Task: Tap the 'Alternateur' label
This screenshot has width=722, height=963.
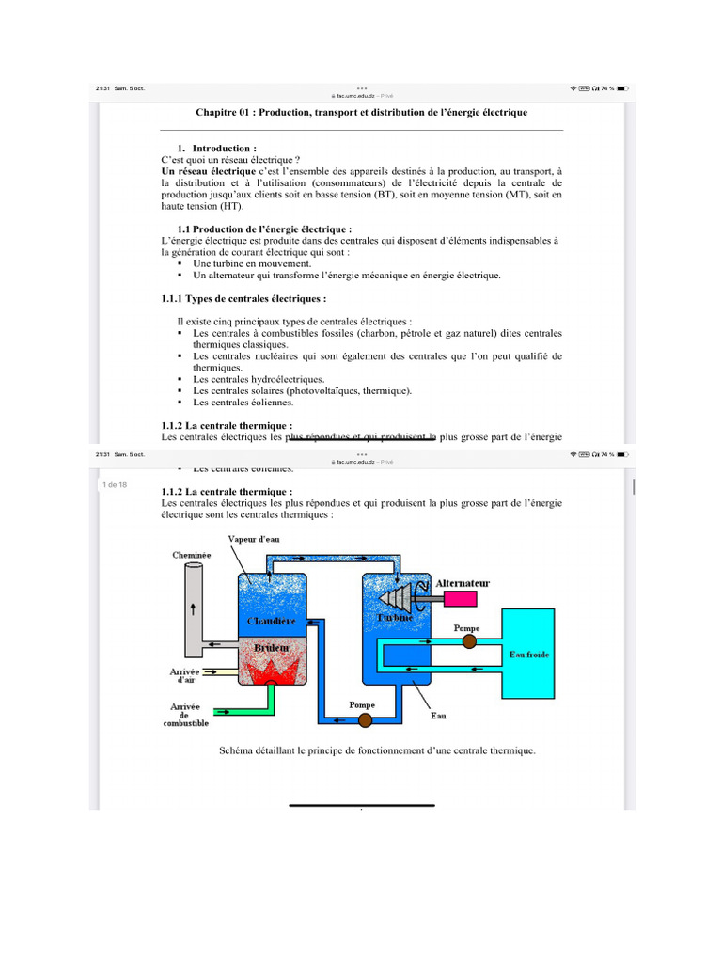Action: tap(463, 583)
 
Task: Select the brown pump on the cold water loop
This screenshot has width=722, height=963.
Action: tap(469, 641)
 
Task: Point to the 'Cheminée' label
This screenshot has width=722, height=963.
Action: tap(192, 556)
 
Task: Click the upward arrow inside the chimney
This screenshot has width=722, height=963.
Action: tap(194, 608)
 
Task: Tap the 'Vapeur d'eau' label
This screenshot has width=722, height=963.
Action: tap(254, 539)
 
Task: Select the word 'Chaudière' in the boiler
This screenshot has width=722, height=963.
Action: tap(272, 622)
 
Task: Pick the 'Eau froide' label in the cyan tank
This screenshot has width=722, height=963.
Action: tap(528, 654)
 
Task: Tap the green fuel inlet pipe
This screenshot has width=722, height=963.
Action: tap(244, 706)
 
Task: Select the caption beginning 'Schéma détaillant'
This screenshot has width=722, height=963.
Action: tap(376, 750)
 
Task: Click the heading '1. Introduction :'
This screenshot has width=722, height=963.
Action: tap(224, 149)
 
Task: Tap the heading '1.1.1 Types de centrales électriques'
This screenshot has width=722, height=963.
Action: tap(244, 299)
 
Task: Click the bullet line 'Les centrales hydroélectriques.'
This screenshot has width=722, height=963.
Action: tap(259, 379)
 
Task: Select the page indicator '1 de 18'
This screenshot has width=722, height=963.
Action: tap(115, 484)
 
